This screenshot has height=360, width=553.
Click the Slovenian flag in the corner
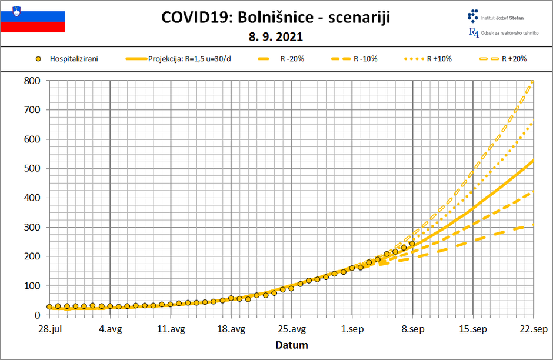coord(32,18)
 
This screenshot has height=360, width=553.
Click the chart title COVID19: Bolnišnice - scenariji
coord(275,18)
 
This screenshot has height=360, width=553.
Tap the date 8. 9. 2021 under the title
coord(276,37)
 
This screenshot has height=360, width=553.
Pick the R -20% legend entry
coord(283,59)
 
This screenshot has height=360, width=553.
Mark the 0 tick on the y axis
coord(37,315)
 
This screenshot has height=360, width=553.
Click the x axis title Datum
coord(292,345)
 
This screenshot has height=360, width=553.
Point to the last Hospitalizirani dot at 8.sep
coord(412,244)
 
